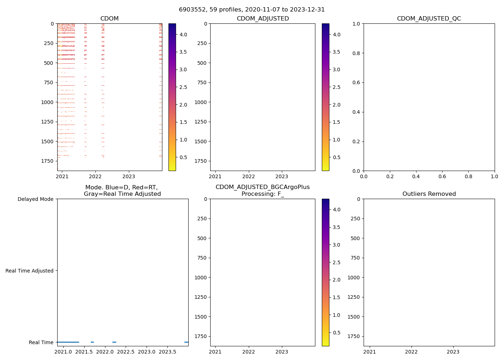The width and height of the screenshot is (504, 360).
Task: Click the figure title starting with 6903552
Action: [x=252, y=9]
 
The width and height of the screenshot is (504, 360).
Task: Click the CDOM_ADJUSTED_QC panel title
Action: [x=429, y=18]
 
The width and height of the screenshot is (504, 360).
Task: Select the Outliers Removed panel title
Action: [x=429, y=194]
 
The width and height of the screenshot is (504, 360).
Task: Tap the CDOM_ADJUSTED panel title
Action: [x=262, y=18]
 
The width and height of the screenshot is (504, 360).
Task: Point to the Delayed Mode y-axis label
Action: [x=35, y=199]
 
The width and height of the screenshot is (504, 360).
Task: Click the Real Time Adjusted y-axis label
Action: [x=29, y=271]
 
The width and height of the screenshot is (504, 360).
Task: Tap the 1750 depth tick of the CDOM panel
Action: [x=47, y=161]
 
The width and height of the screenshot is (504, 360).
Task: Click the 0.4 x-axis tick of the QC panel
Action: [x=416, y=176]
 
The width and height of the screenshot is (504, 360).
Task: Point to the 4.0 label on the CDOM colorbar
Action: [x=183, y=35]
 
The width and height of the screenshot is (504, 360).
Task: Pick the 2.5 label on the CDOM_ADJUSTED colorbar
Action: [x=336, y=87]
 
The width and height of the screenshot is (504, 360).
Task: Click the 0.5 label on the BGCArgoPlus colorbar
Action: [x=336, y=333]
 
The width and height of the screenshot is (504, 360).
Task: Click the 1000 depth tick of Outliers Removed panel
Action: [x=354, y=278]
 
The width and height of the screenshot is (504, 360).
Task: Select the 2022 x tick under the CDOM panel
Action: [x=95, y=176]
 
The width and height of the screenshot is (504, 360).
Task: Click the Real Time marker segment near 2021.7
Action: [x=92, y=342]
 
